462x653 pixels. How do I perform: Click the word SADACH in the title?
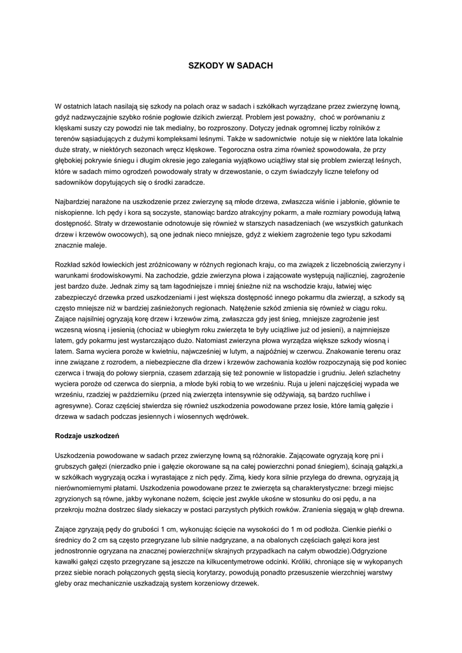coord(254,65)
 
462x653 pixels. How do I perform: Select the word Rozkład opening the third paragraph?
coord(69,265)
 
